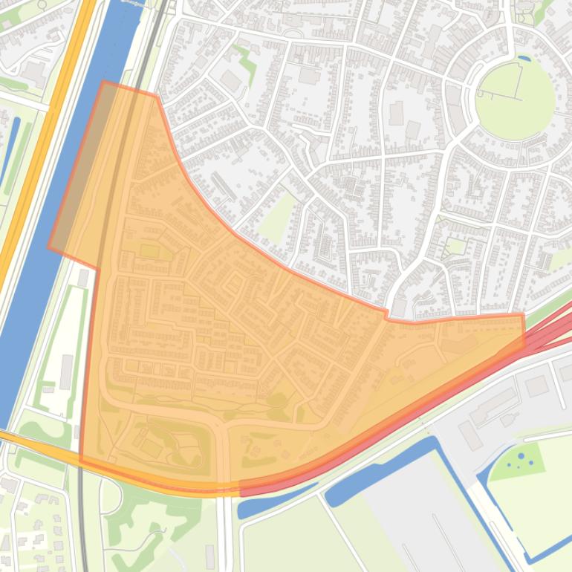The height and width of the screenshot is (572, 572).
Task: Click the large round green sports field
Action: (x=514, y=98)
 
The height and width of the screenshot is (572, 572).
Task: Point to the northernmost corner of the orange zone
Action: (x=103, y=82)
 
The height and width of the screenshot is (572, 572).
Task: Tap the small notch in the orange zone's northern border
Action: (x=387, y=316)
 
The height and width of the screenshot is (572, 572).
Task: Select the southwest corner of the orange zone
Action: (x=80, y=463)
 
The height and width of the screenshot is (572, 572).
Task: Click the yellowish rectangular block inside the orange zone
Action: (x=149, y=251)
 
